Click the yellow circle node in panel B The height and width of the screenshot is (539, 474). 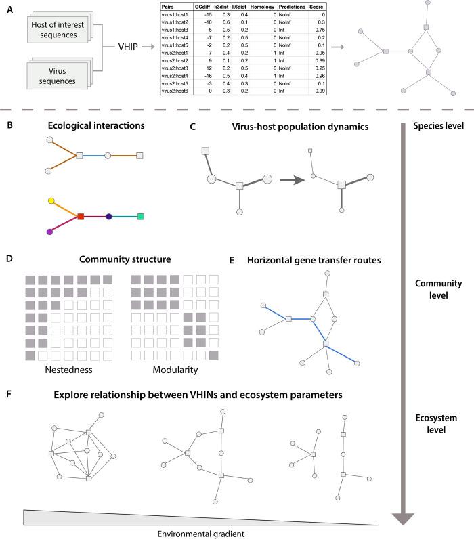coord(51,200)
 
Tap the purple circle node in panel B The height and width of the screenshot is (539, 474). coord(49,232)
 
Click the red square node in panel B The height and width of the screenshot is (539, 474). coord(81,217)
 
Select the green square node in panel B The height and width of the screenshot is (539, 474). coord(140,217)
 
